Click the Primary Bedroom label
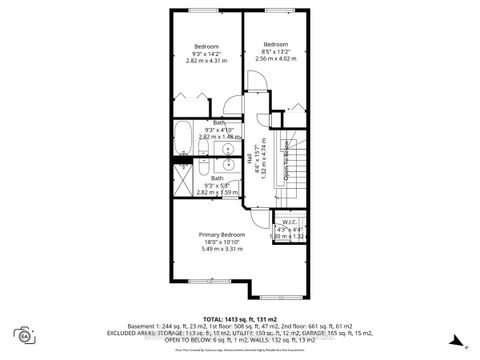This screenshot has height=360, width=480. (219, 234)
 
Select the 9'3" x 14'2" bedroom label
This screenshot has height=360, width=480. (207, 53)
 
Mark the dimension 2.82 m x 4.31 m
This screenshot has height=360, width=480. (207, 62)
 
